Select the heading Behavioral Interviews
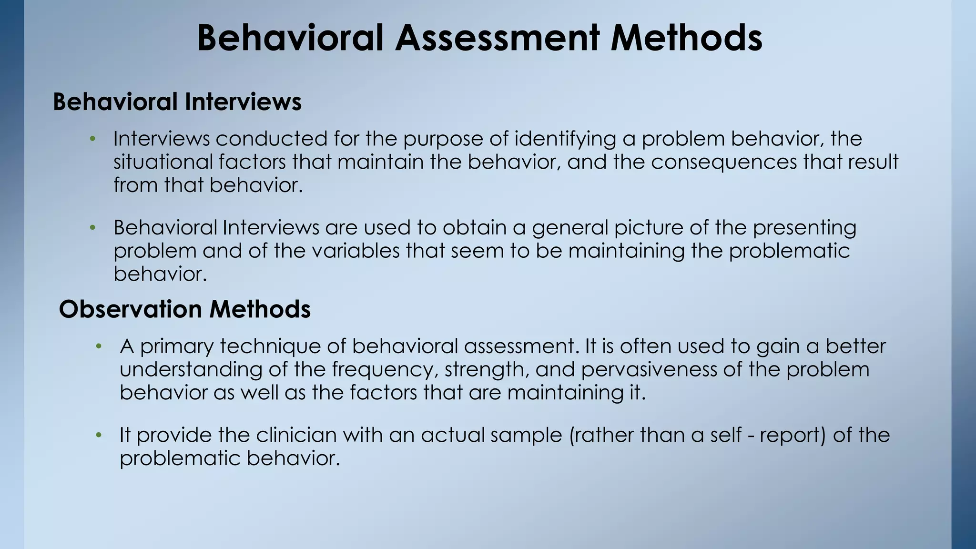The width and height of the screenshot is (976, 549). click(177, 102)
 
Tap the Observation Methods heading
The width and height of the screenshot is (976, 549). click(185, 309)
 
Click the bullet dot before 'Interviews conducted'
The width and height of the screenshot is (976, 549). click(93, 139)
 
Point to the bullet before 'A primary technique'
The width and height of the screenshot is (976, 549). click(99, 346)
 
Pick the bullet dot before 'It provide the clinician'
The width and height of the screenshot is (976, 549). click(99, 435)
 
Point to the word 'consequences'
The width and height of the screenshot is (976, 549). click(724, 162)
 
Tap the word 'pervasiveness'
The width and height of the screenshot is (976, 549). click(649, 369)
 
